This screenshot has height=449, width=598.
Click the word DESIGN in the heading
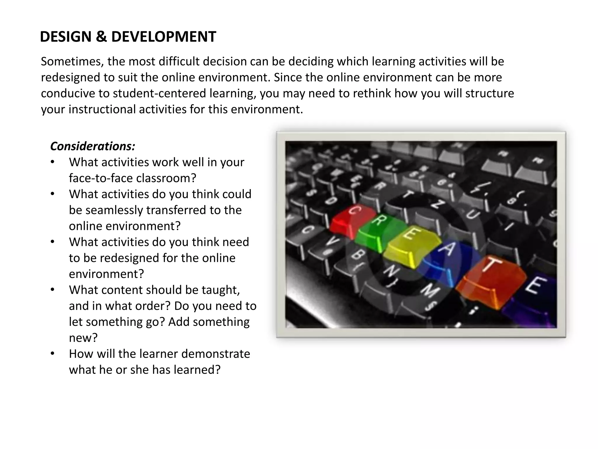pos(66,37)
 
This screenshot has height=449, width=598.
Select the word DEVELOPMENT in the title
pos(164,37)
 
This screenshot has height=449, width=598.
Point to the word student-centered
pos(159,93)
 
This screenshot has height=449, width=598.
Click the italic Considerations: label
pos(93,146)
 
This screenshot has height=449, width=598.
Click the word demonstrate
pos(215,354)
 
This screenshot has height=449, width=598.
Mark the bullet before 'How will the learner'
pos(53,354)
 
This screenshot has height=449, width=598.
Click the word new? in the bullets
pos(83,338)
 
